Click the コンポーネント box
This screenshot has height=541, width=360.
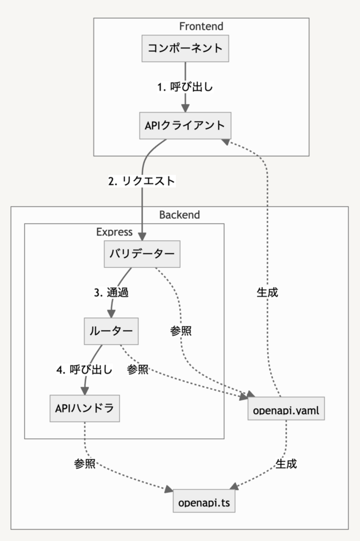coord(186,48)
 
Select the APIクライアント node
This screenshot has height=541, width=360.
coord(186,126)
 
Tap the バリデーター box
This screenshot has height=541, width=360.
coord(142,254)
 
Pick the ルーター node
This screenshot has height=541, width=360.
coord(111,331)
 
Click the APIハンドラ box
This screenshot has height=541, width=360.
coord(85,408)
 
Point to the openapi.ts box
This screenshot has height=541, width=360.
coord(204,501)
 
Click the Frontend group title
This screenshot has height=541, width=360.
coord(201,26)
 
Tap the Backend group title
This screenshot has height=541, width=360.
coord(180,214)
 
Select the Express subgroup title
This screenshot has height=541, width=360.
coord(114,232)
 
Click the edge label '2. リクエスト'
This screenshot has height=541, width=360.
coord(142,181)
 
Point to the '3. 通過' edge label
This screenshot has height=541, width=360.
coord(111,293)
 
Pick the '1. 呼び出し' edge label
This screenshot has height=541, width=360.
coord(186,87)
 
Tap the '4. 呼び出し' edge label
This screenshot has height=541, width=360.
coord(85,370)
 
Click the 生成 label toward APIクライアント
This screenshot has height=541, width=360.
coord(267,293)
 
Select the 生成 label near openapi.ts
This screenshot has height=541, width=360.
coord(286,464)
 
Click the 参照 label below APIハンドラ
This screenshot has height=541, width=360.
coord(85,464)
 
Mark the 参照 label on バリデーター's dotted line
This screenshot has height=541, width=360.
coord(181,331)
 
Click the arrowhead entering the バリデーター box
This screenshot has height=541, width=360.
coord(142,237)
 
